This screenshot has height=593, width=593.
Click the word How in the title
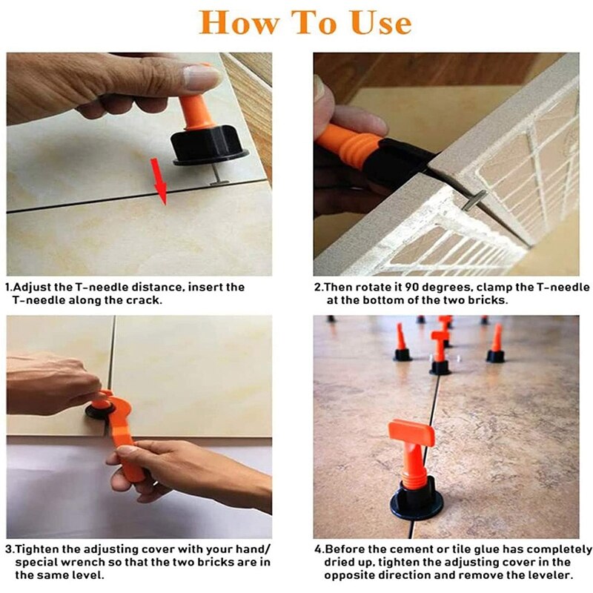(236, 22)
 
